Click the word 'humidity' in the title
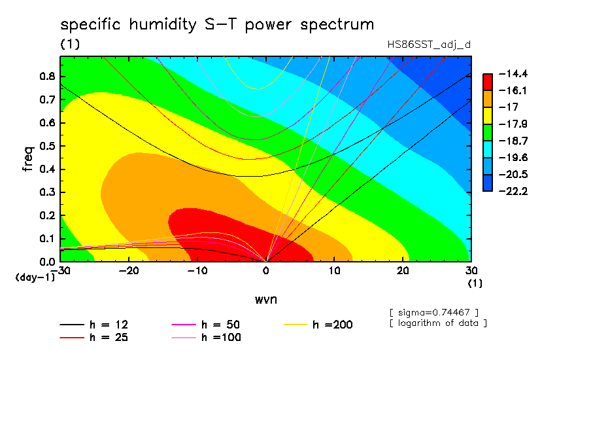(x=163, y=25)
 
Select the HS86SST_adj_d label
(x=429, y=45)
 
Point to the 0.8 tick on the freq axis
(x=48, y=76)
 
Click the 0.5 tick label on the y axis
(x=48, y=146)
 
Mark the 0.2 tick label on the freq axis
(x=48, y=215)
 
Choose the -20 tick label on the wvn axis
(x=129, y=271)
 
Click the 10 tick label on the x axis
(x=334, y=271)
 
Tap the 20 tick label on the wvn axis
(x=403, y=271)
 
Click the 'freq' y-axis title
(x=28, y=159)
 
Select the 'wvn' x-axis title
(x=266, y=300)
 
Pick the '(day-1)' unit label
(x=35, y=277)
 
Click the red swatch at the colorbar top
(x=488, y=82)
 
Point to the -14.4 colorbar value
(x=513, y=73)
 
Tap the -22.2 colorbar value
(x=513, y=191)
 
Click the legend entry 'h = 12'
(x=94, y=325)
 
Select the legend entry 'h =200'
(x=318, y=325)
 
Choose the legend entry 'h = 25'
(x=94, y=338)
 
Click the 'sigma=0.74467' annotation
(x=434, y=313)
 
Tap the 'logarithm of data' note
(x=438, y=323)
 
